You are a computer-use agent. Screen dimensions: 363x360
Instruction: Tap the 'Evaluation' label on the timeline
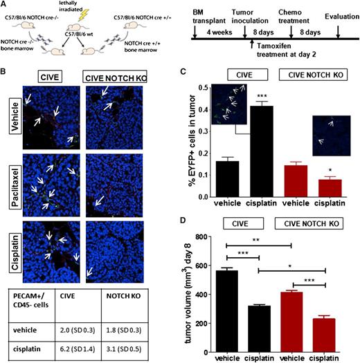[x=336, y=21]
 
